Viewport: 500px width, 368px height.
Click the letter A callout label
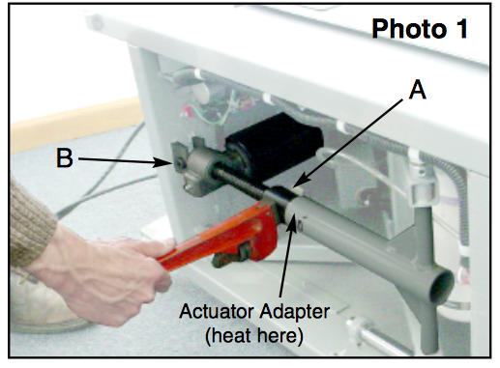(x=418, y=90)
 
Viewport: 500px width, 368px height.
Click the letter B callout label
(x=65, y=158)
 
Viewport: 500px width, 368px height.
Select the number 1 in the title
(x=461, y=29)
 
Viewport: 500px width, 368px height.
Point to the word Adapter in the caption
(x=295, y=312)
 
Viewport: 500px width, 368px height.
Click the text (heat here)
(x=254, y=335)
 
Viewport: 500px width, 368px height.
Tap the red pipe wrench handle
(x=206, y=239)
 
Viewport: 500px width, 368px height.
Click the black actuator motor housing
(x=274, y=142)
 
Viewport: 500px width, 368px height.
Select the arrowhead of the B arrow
(x=163, y=162)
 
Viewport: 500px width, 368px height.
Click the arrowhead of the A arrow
(x=299, y=183)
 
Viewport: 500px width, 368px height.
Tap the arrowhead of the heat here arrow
(x=293, y=221)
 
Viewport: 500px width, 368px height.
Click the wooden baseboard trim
(x=75, y=124)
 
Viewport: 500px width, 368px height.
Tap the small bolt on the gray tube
(x=300, y=225)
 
